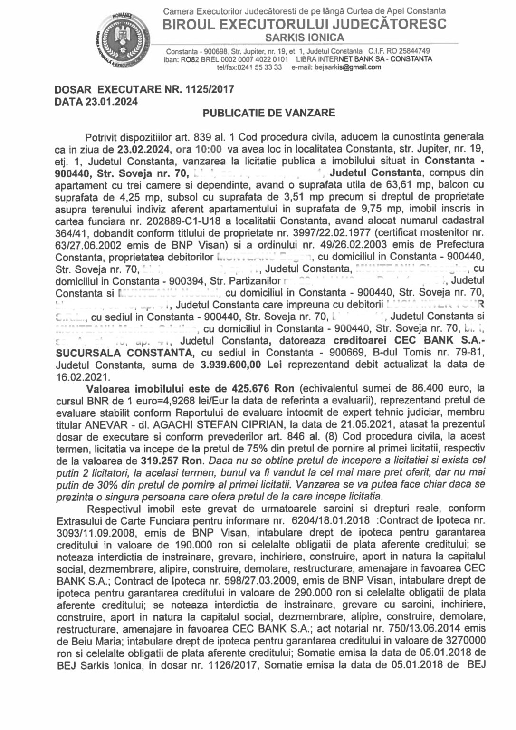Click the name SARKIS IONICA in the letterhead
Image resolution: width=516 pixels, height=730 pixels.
(x=304, y=37)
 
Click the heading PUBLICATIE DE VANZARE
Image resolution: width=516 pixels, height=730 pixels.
(x=269, y=113)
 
